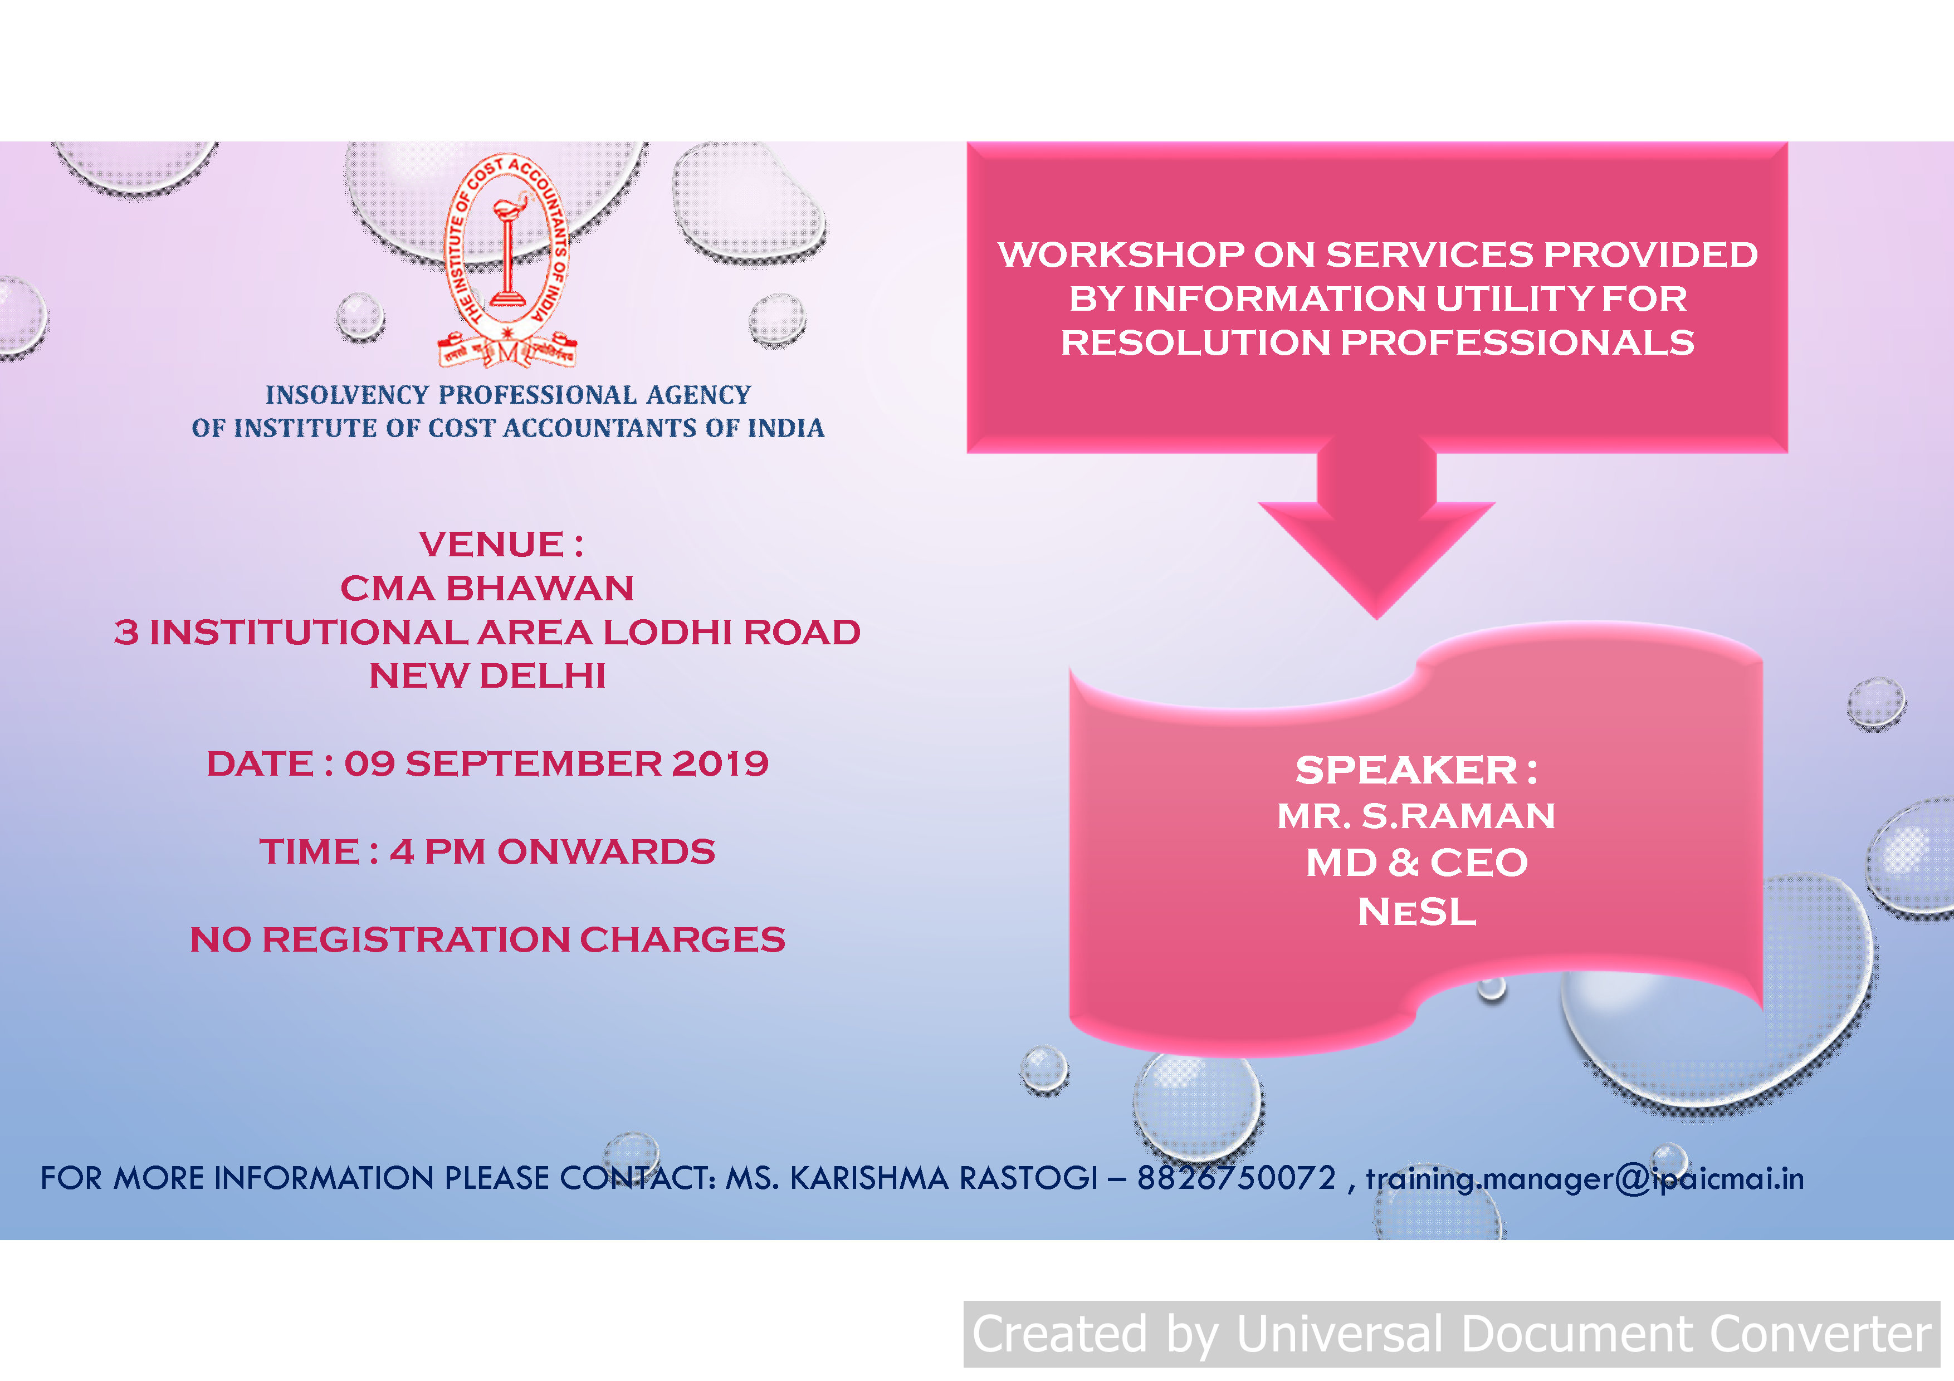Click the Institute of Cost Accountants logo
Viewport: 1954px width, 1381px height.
click(x=507, y=261)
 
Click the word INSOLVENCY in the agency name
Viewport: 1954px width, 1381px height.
click(x=347, y=395)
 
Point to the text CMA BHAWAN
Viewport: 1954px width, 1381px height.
click(x=487, y=588)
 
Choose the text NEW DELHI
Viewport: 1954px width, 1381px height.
click(x=487, y=675)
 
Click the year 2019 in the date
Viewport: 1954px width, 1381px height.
click(x=720, y=763)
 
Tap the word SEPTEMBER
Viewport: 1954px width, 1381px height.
click(x=534, y=763)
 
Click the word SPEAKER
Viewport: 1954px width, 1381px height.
click(x=1406, y=770)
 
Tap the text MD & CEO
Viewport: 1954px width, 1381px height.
click(x=1417, y=863)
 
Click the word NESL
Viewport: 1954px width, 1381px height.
click(x=1417, y=912)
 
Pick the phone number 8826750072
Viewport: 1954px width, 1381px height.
click(x=1237, y=1178)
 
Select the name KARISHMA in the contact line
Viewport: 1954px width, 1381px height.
click(x=869, y=1178)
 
